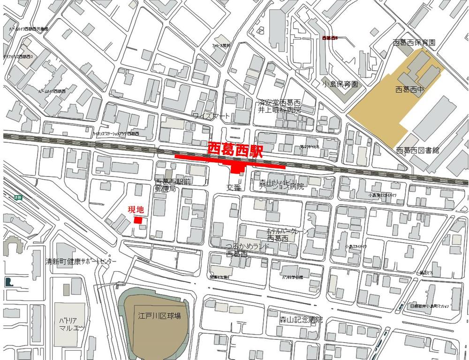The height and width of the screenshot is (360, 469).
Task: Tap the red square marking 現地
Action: tap(138, 220)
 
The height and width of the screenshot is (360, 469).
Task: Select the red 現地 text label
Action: tap(136, 210)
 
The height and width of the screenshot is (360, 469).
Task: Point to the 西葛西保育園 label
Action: tap(414, 42)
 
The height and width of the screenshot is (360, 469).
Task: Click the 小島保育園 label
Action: tap(340, 84)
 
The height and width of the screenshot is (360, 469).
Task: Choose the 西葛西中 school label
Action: tap(409, 89)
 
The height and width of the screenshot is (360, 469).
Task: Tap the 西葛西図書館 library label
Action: tap(417, 150)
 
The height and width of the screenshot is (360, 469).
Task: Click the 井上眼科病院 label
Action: tap(280, 110)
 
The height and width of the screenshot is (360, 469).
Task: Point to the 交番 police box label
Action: tap(233, 187)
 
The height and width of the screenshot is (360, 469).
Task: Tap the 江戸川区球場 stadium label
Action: tap(159, 315)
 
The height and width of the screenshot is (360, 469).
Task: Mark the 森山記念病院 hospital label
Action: tap(301, 320)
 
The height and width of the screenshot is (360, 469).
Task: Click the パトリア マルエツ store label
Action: tap(71, 323)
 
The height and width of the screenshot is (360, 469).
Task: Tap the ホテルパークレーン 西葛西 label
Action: tap(281, 235)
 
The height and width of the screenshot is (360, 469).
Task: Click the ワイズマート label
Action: tap(212, 115)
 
